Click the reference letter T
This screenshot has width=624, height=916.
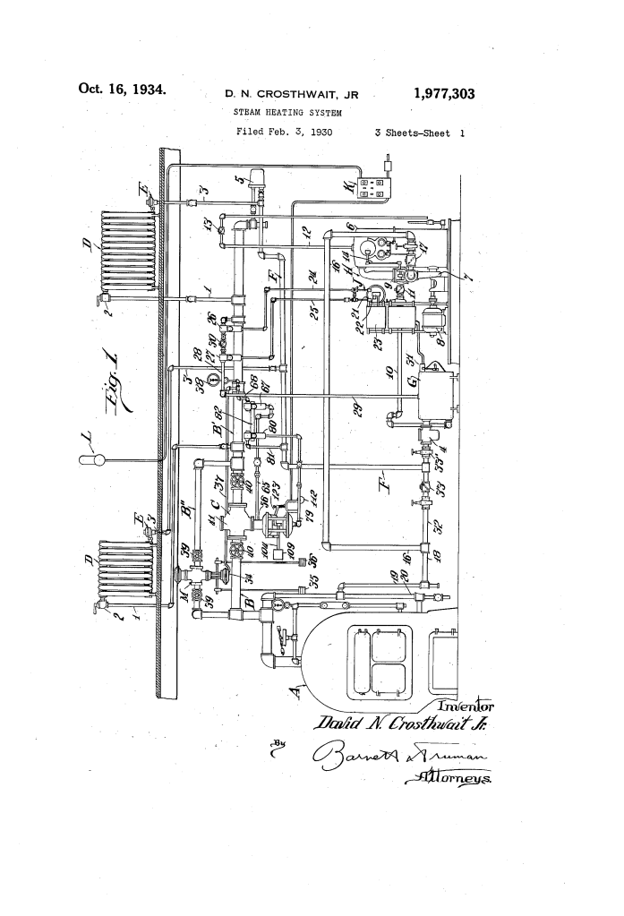[380, 472]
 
